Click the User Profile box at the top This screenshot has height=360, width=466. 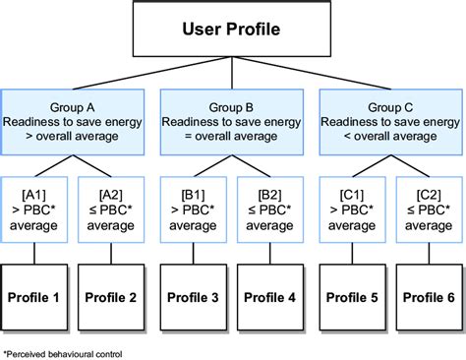(x=232, y=28)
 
